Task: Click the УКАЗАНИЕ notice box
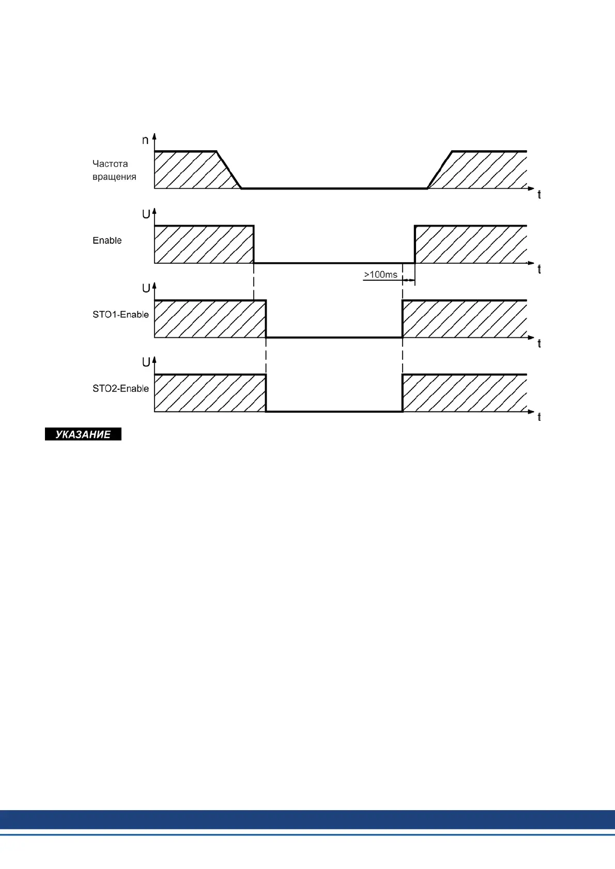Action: [83, 434]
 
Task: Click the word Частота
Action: [110, 164]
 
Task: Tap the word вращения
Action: [114, 177]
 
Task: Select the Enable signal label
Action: [107, 240]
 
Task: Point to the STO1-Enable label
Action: [120, 314]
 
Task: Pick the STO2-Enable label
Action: [120, 388]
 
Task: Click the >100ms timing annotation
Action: [381, 275]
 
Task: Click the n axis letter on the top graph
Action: [145, 140]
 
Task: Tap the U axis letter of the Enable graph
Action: [146, 214]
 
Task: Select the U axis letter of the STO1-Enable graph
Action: [146, 288]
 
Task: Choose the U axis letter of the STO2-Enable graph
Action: [146, 362]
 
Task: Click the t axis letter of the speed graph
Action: [539, 195]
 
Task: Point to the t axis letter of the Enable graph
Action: [539, 269]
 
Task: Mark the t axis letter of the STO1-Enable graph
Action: [539, 343]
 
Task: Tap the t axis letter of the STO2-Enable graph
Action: [539, 417]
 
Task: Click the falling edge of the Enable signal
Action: [254, 244]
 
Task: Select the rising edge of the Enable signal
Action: [414, 244]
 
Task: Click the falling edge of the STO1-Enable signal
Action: [266, 319]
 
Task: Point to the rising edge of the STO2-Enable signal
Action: [403, 393]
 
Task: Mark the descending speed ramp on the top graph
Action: [229, 170]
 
